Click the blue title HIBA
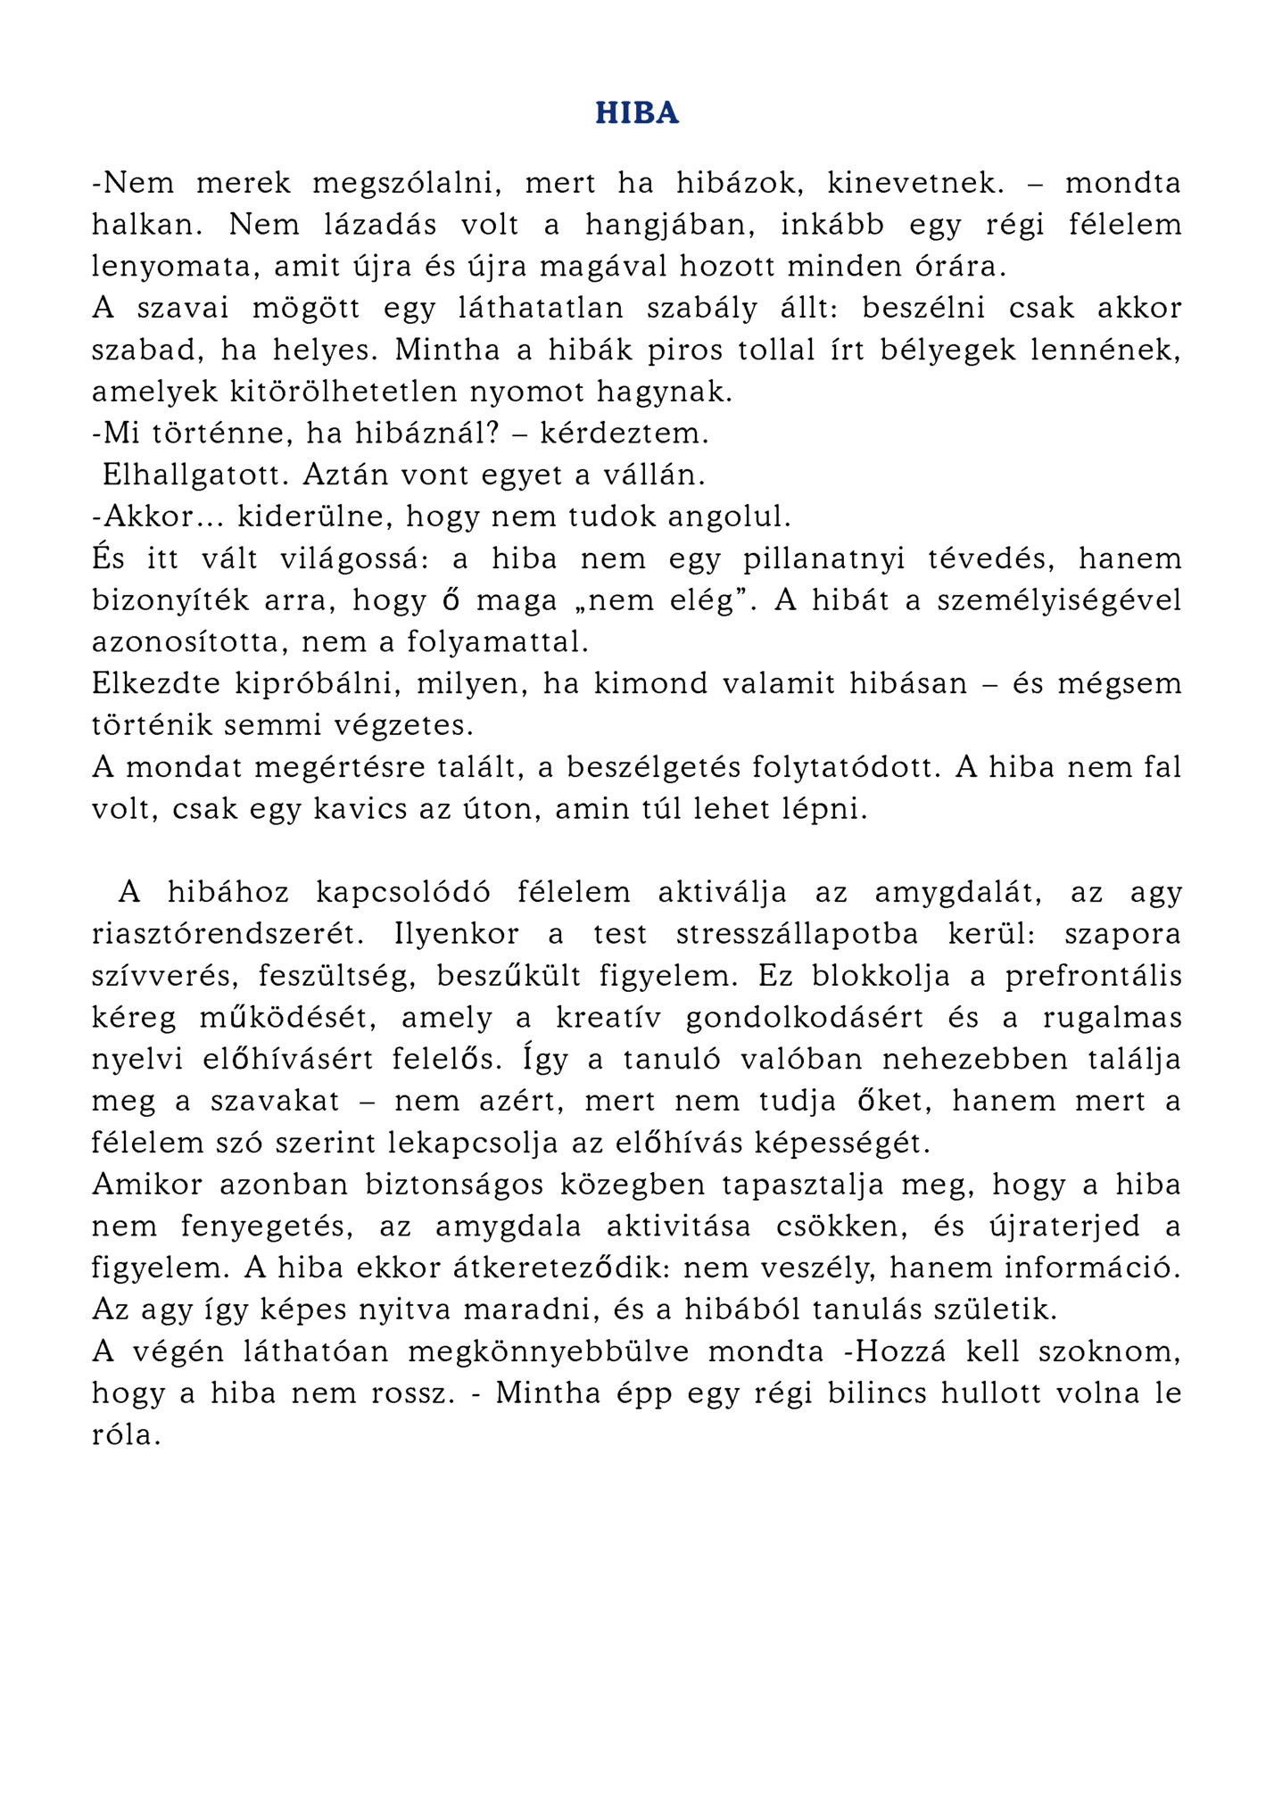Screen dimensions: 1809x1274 637,113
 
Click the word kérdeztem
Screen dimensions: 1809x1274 624,434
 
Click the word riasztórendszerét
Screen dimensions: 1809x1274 229,935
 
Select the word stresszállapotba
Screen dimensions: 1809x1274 798,935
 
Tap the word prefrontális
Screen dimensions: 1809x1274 1093,977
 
